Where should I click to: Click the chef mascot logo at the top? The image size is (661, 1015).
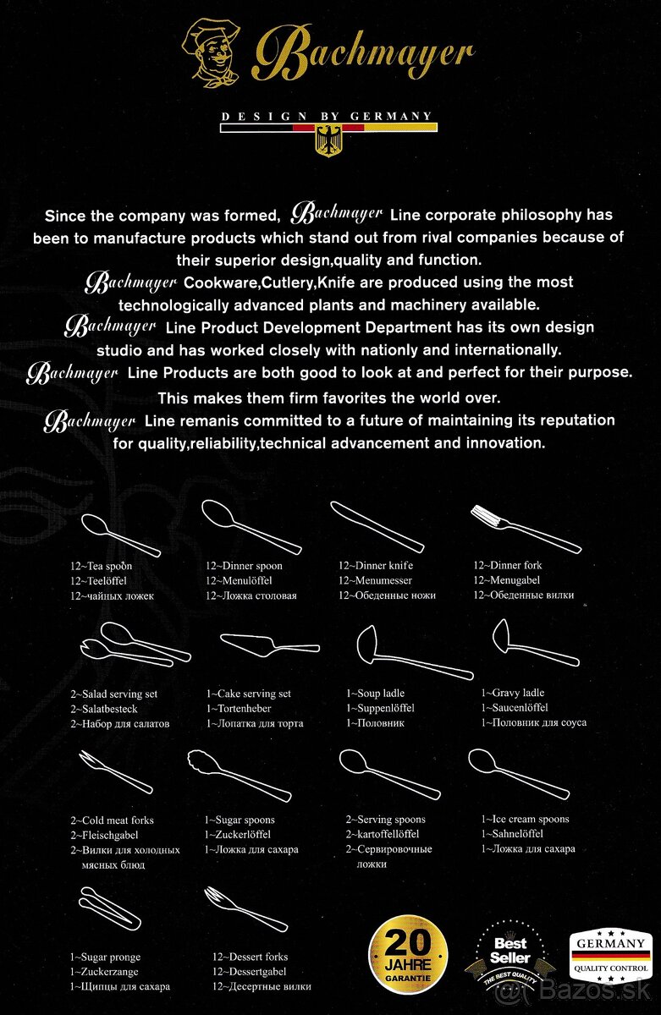click(x=214, y=52)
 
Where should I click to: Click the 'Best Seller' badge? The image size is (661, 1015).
click(x=510, y=956)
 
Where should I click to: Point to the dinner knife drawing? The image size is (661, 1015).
click(x=376, y=525)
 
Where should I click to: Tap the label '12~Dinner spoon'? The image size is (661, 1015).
click(x=244, y=565)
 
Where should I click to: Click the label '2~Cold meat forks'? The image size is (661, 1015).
click(x=112, y=820)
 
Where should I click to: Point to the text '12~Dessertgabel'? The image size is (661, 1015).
click(x=249, y=972)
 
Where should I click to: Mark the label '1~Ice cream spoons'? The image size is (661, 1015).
click(x=525, y=819)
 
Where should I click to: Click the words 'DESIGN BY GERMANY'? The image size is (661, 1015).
click(x=327, y=116)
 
